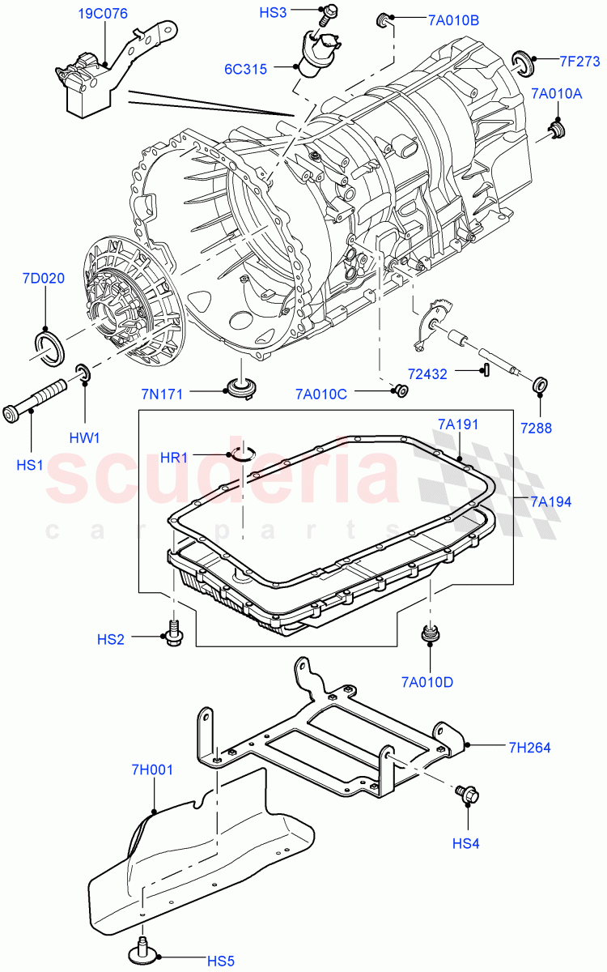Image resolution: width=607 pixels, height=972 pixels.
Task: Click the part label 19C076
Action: [x=103, y=14]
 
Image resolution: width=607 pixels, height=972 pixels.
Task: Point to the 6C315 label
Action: [x=245, y=70]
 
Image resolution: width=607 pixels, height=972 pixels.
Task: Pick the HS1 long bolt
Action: [x=36, y=402]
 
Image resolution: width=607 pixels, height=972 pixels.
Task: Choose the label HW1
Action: [x=83, y=438]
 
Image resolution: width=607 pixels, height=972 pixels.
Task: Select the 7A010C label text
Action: [x=320, y=394]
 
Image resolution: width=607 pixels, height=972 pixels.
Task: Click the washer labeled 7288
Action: [x=538, y=382]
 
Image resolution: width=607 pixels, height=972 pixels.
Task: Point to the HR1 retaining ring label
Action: [x=174, y=458]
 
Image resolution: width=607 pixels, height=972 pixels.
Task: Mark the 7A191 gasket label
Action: [x=459, y=424]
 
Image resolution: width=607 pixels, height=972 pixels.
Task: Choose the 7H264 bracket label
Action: [x=529, y=748]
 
